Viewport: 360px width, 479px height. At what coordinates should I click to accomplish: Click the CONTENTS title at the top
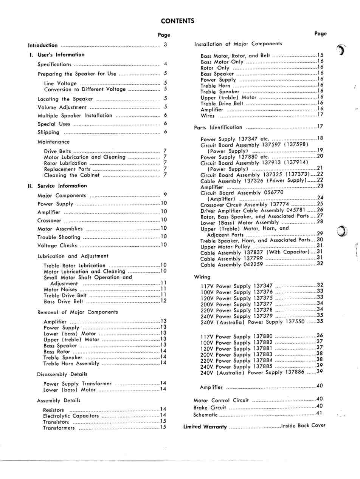177,21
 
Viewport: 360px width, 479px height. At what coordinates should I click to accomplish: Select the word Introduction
43,45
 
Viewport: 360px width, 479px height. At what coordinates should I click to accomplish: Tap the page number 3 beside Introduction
165,45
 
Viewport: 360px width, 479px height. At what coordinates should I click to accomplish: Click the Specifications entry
54,65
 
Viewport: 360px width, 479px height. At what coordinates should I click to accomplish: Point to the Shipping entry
48,132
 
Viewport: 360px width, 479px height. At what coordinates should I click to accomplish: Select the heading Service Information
62,186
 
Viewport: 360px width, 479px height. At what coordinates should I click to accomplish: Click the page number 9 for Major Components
165,195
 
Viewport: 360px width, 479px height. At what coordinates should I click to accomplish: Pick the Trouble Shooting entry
59,237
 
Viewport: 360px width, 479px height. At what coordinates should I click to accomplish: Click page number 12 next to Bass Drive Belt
164,301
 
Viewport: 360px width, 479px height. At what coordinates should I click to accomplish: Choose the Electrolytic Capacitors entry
71,416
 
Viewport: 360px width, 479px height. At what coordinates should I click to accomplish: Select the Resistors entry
54,410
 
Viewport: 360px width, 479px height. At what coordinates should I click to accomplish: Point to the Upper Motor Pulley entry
225,247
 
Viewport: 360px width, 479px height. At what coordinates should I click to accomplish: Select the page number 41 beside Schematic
320,413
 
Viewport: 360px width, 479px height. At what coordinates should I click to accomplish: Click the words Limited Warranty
205,427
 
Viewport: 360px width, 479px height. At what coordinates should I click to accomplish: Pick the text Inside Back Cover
303,426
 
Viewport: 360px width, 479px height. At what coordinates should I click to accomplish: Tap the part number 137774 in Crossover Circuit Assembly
278,204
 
